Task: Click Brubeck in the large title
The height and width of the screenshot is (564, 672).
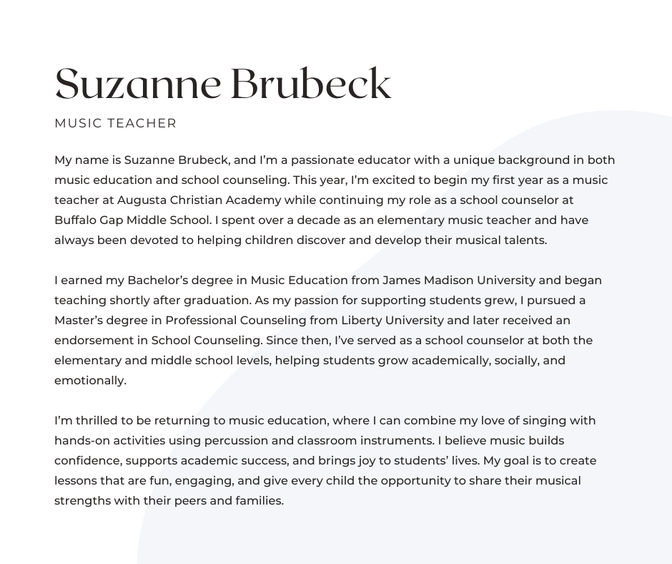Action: (x=311, y=84)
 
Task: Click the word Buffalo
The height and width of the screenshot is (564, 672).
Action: (x=76, y=220)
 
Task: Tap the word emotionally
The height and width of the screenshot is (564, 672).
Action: (x=90, y=381)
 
